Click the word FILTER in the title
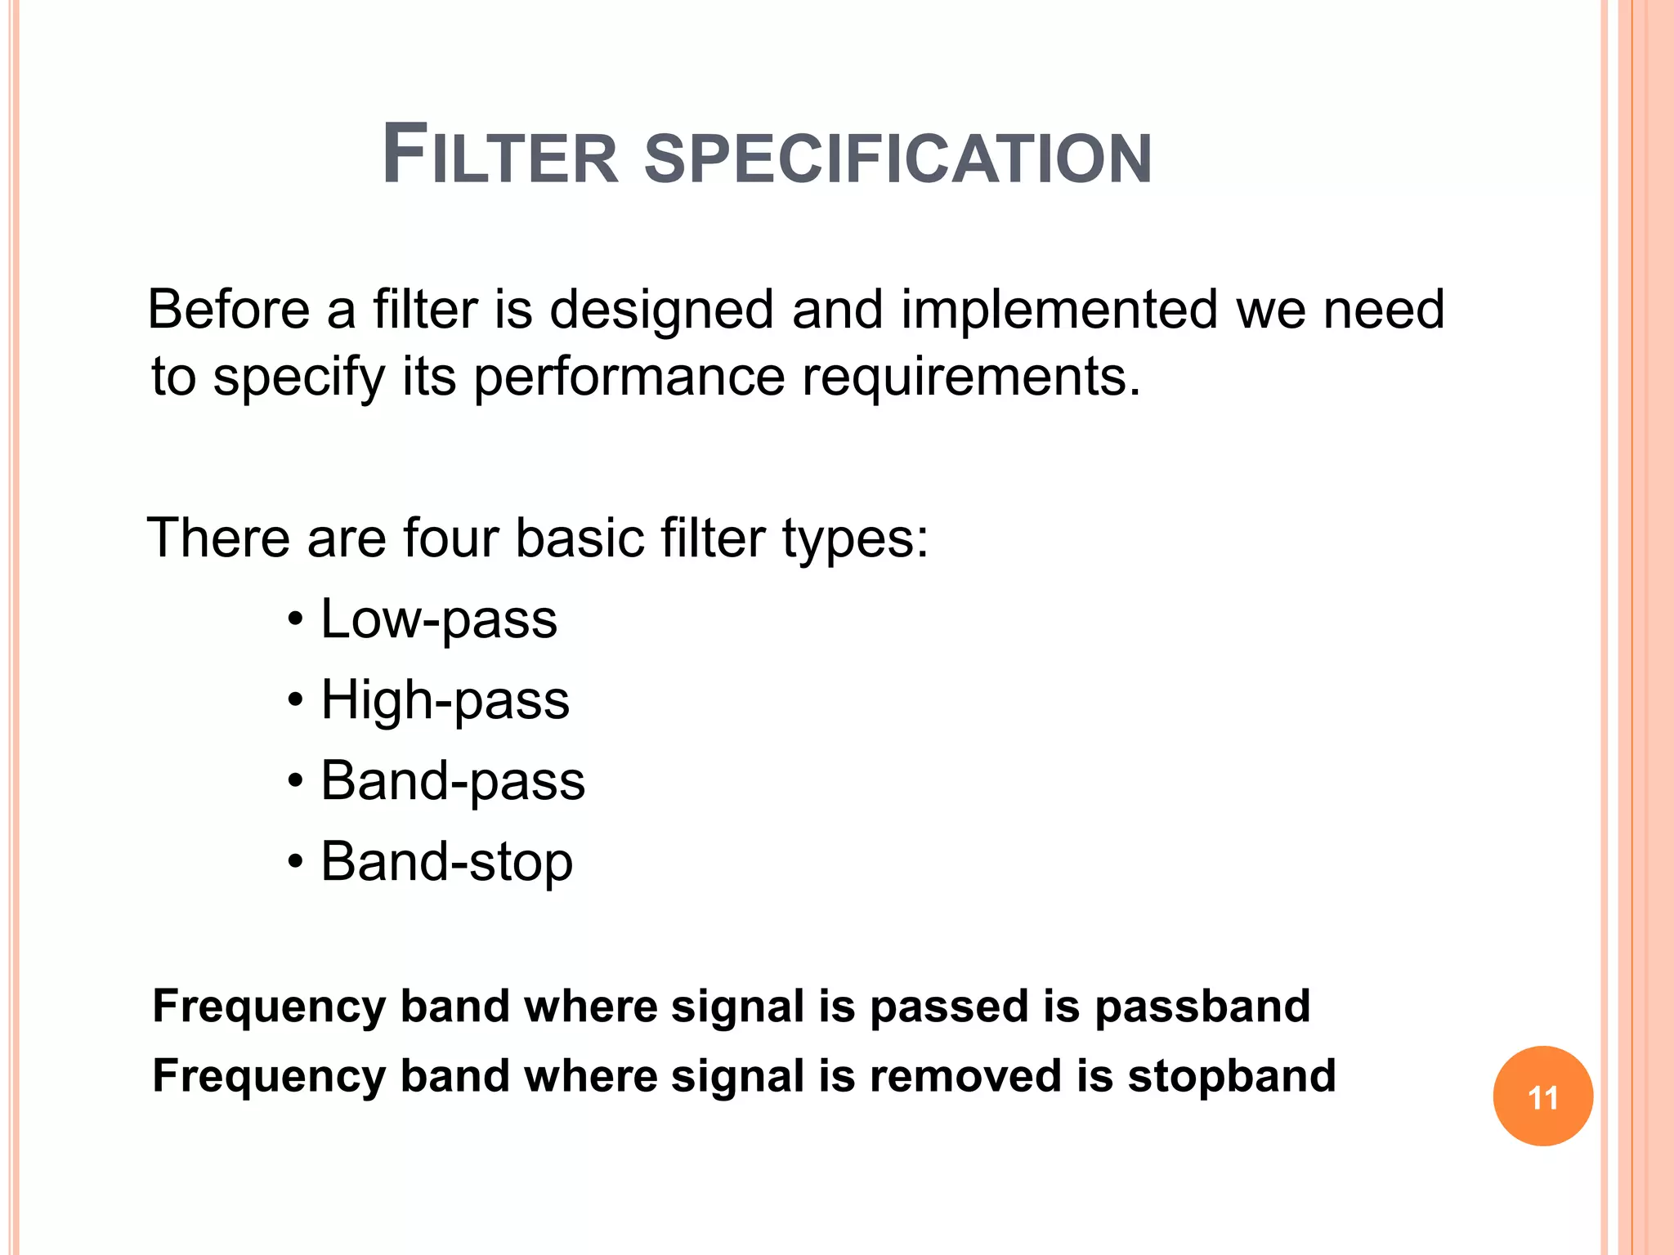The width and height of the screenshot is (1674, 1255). coord(500,155)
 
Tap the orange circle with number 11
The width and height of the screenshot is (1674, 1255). coord(1542,1096)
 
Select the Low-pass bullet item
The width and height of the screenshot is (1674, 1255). coord(438,619)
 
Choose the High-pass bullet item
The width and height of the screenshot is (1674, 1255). coord(445,700)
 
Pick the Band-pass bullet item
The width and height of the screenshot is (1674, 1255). coord(453,781)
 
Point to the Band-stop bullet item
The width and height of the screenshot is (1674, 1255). coord(446,862)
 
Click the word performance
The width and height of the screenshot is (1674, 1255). coord(629,378)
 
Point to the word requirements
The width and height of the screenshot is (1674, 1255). coord(970,378)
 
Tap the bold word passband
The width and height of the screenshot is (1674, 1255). coord(1202,1006)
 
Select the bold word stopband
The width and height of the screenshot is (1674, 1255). coord(1232,1075)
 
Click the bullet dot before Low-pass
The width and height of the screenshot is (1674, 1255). coord(296,620)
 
